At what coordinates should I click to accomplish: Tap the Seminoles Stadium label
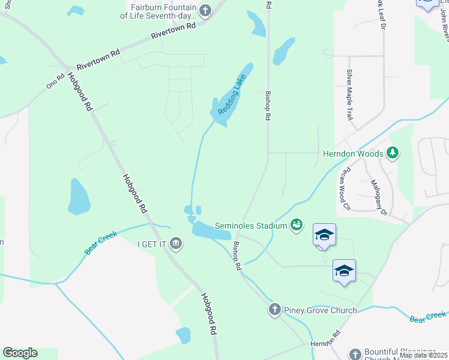(x=255, y=226)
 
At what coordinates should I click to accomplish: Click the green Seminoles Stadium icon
(x=296, y=226)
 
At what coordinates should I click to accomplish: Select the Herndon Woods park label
(x=354, y=154)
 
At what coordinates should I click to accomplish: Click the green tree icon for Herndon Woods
(x=393, y=153)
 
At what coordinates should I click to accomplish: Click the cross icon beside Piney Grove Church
(x=274, y=310)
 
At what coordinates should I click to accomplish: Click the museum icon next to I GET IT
(x=176, y=243)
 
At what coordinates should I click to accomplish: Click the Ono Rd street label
(x=55, y=82)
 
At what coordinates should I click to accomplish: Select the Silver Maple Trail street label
(x=349, y=94)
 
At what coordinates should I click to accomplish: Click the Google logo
(x=20, y=353)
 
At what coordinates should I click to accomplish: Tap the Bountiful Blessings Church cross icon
(x=355, y=354)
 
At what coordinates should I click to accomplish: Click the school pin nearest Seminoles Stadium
(x=324, y=236)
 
